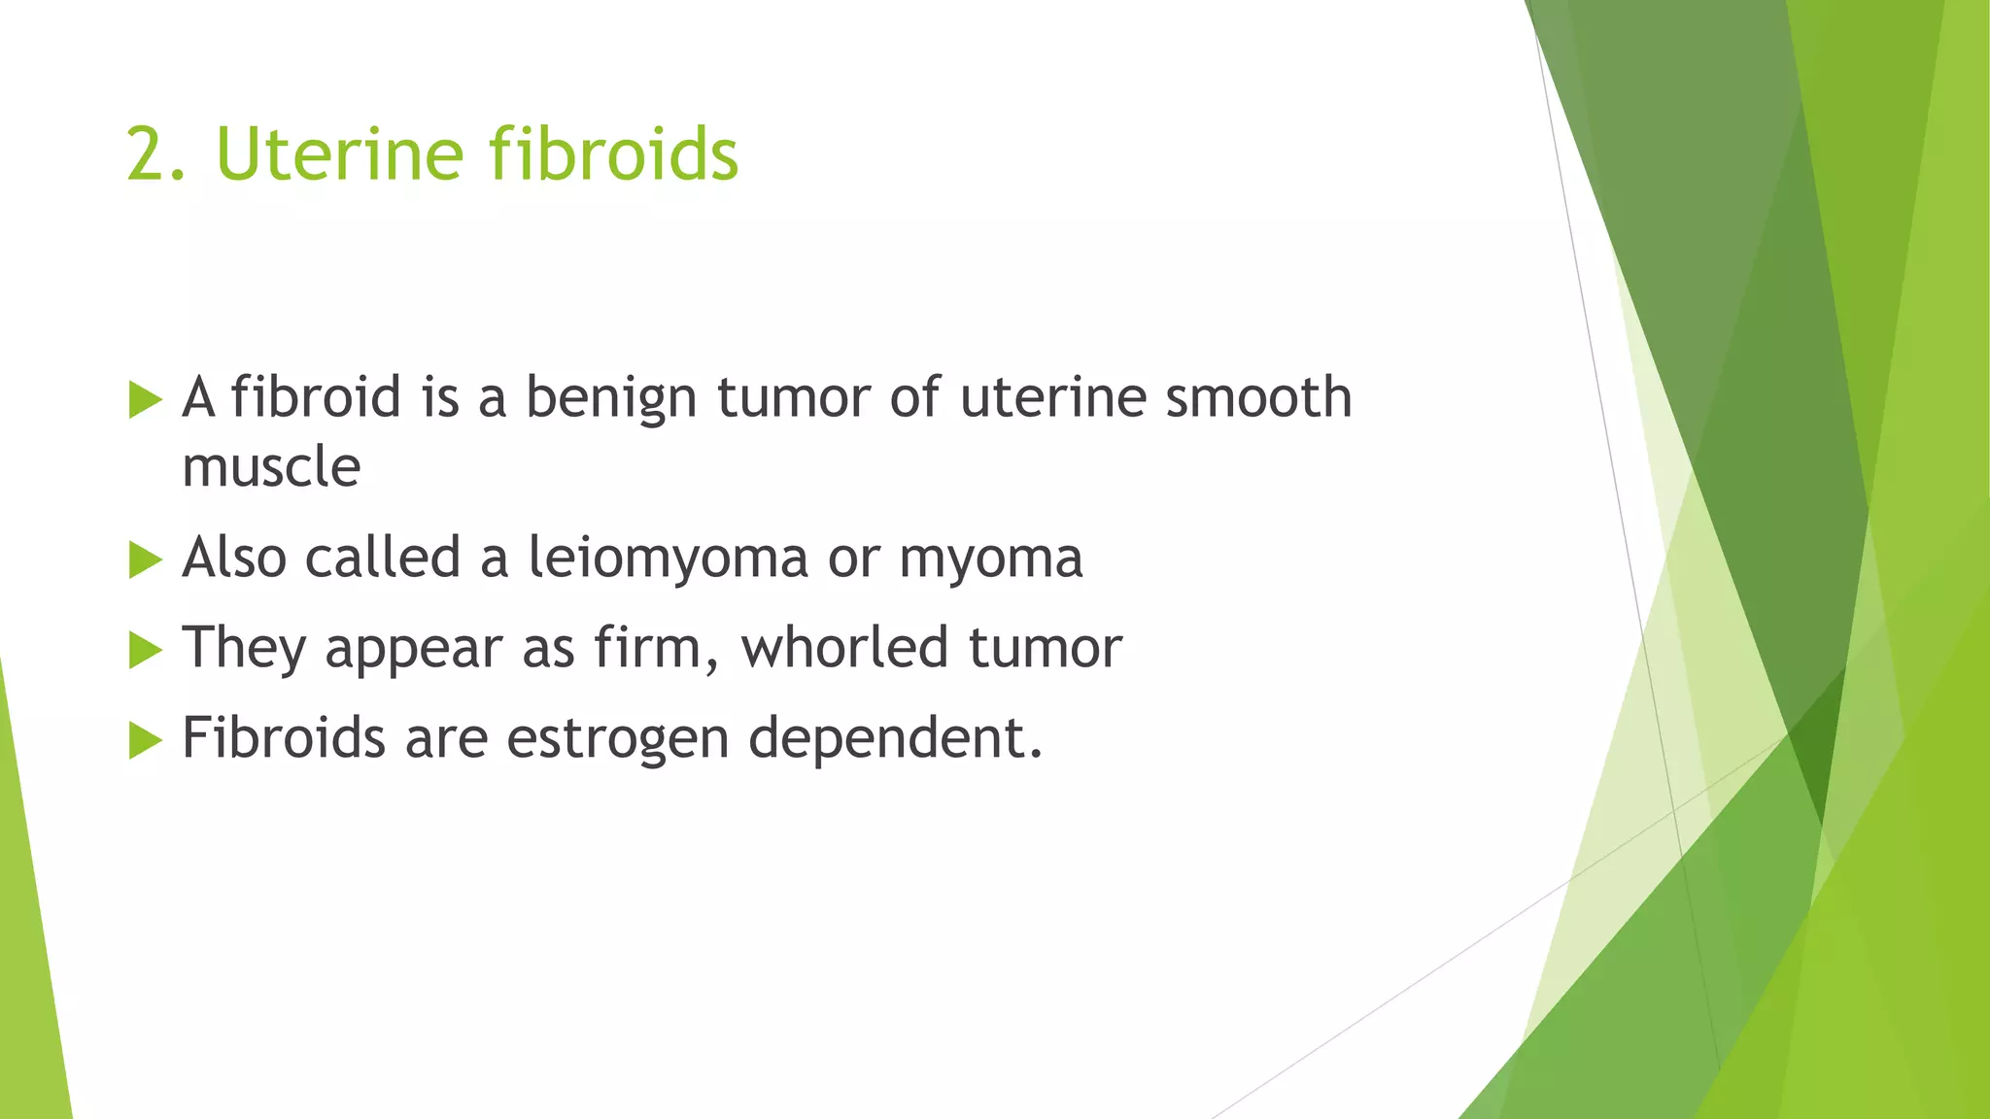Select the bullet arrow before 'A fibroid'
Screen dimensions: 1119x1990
coord(145,399)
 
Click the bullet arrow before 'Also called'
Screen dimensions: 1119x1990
coord(145,559)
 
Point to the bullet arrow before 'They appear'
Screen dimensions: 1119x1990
coord(145,650)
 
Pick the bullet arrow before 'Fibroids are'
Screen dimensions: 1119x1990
coord(145,740)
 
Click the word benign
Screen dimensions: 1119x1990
coord(611,398)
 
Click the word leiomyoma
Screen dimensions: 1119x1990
coord(668,559)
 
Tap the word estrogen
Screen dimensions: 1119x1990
coord(618,738)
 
